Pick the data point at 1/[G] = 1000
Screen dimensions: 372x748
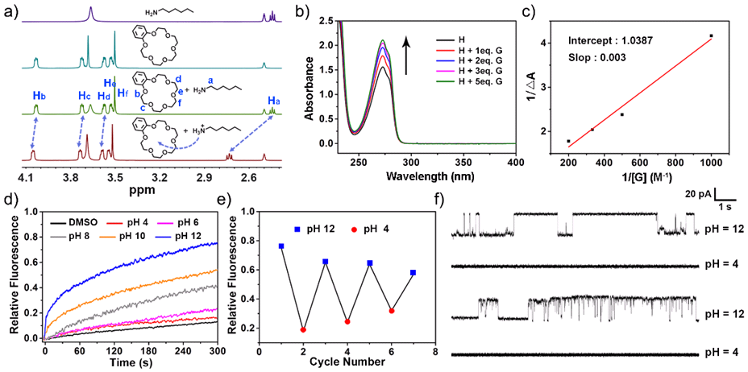coord(711,35)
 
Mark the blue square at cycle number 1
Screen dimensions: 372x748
coord(281,246)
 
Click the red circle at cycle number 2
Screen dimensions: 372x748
coord(305,329)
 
